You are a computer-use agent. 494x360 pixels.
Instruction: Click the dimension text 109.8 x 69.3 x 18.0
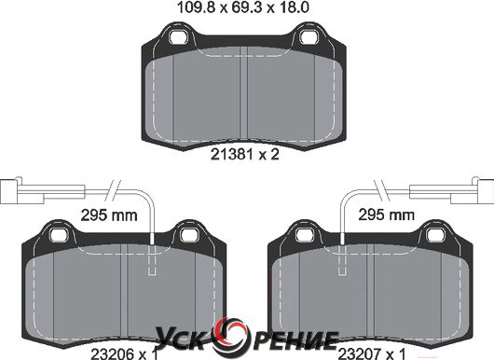243,7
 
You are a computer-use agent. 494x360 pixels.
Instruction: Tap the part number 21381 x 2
245,155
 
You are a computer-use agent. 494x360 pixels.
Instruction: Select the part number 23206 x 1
124,354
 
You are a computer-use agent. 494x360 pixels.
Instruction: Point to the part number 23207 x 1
372,354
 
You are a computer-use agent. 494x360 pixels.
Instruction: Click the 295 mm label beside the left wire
109,215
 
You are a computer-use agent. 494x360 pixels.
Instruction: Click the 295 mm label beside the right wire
386,215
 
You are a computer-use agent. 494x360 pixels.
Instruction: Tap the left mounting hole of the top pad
178,37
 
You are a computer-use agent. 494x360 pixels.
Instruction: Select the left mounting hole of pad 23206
59,234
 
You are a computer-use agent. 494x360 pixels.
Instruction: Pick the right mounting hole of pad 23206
188,234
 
